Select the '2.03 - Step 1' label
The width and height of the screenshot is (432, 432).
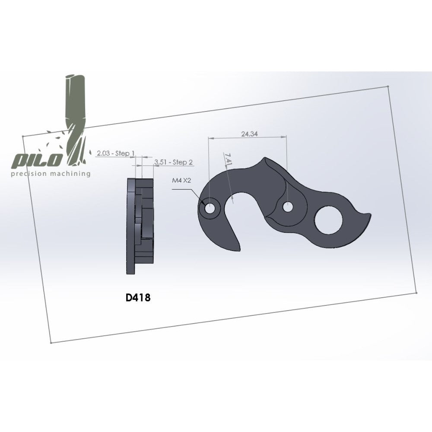(115, 153)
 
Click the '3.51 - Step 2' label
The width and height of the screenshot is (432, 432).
(173, 162)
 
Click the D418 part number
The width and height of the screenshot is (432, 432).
(138, 298)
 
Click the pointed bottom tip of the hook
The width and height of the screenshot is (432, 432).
(238, 250)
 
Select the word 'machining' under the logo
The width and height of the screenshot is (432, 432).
(69, 174)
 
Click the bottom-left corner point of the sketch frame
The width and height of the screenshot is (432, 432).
(51, 343)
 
